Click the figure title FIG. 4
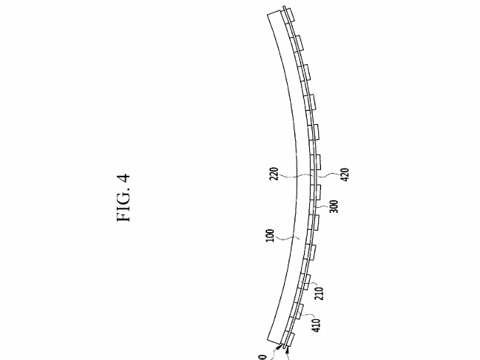pyautogui.click(x=124, y=197)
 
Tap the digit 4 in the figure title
pyautogui.click(x=124, y=178)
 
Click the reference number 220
pyautogui.click(x=274, y=174)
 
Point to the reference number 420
pyautogui.click(x=345, y=174)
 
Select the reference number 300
pyautogui.click(x=334, y=206)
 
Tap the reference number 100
pyautogui.click(x=270, y=236)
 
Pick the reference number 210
pyautogui.click(x=320, y=293)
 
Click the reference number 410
pyautogui.click(x=317, y=325)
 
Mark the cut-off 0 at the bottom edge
pyautogui.click(x=263, y=357)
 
